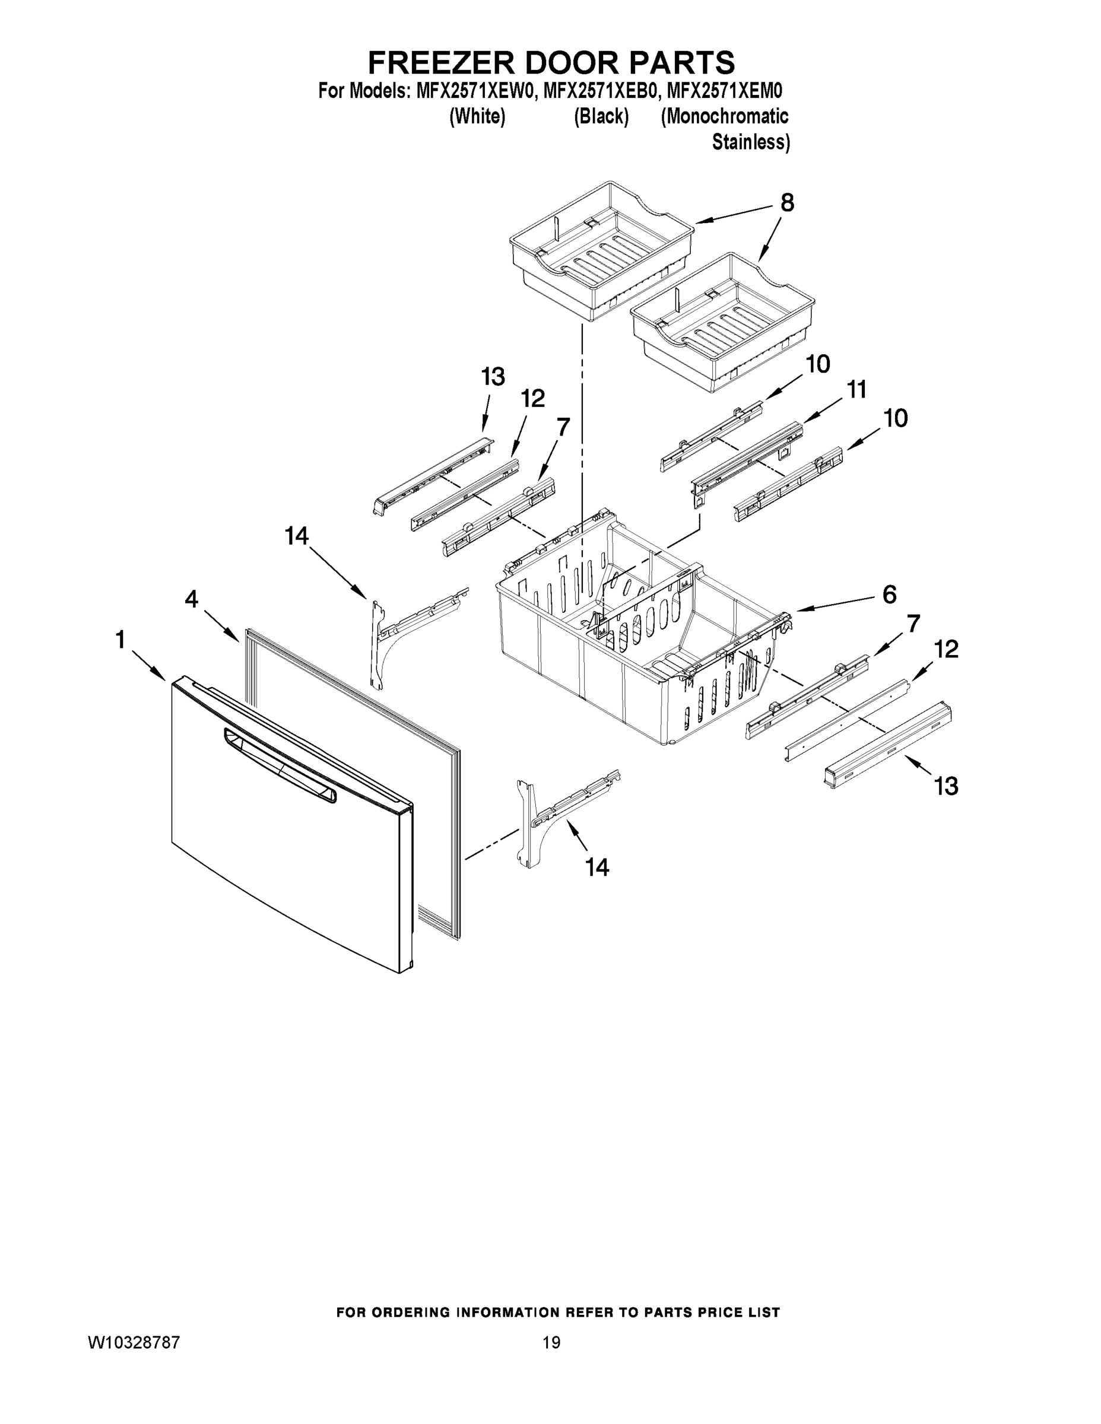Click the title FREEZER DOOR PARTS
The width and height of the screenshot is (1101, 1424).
coord(551,62)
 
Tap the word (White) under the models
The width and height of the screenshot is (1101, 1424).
coord(477,117)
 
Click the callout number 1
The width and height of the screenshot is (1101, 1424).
coord(120,640)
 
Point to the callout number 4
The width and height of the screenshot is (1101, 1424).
coord(191,599)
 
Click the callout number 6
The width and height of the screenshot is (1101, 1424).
coord(889,594)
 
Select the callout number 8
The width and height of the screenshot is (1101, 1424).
coord(787,204)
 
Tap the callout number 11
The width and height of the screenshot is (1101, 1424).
coord(856,390)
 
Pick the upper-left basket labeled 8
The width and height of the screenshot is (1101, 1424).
coord(600,251)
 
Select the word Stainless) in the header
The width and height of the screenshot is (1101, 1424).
coord(751,142)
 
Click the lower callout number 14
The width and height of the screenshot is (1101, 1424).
coord(597,867)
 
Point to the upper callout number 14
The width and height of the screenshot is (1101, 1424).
coord(296,536)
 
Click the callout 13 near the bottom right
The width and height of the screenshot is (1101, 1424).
coord(945,786)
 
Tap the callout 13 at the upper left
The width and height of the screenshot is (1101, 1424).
coord(493,377)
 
